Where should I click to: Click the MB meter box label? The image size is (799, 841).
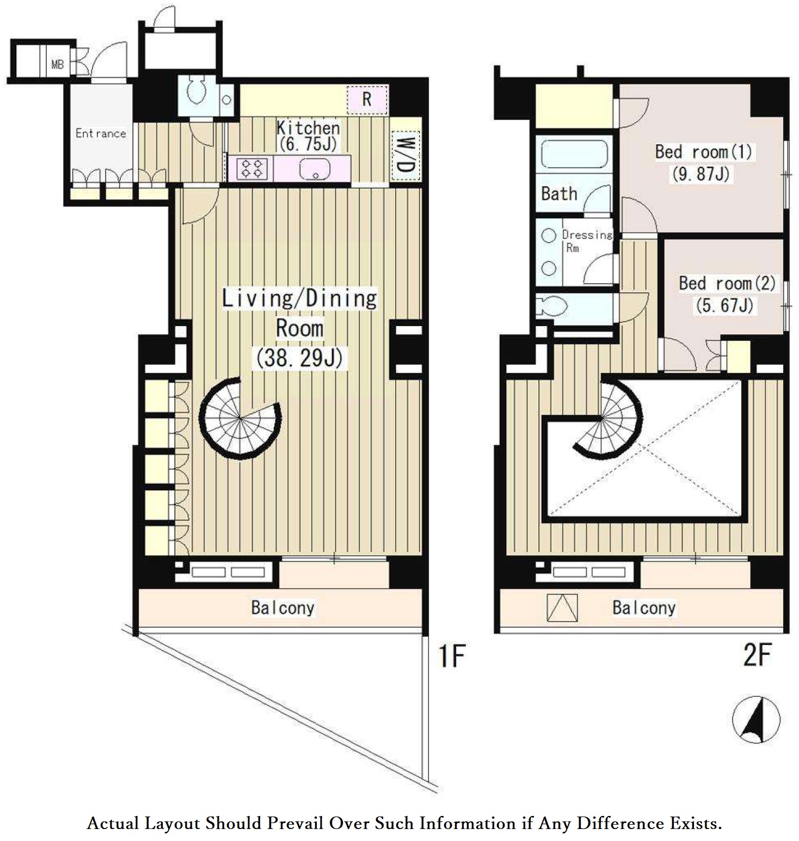[57, 65]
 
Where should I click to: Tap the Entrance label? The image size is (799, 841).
[101, 133]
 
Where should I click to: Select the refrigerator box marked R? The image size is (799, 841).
[367, 99]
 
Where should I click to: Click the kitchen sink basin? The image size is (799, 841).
[314, 168]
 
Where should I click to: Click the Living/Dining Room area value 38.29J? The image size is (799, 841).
[300, 358]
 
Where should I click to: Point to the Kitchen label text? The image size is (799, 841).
[308, 128]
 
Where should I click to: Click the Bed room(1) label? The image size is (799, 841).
[703, 151]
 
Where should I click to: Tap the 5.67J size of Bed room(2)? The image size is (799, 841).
[724, 305]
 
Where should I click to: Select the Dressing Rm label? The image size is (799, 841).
[587, 241]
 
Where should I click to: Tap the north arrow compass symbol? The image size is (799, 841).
[756, 719]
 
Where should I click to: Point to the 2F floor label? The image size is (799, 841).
[757, 655]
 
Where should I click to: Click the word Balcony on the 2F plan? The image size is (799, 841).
[644, 607]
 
